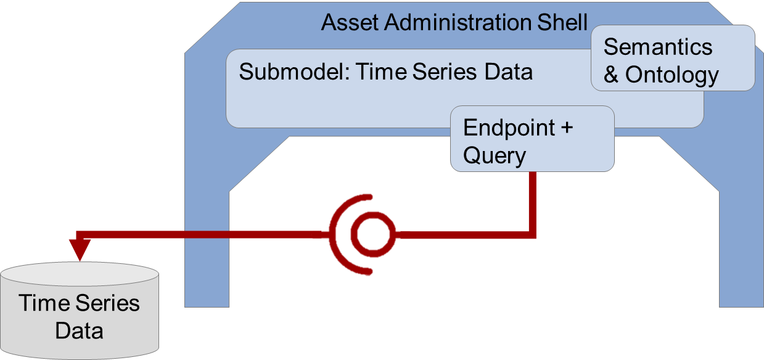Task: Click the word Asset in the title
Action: (x=350, y=22)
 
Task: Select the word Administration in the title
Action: (x=457, y=22)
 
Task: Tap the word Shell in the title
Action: (x=562, y=22)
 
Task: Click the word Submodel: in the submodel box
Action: (x=294, y=72)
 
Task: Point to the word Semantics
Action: (x=658, y=47)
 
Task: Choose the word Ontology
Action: (x=672, y=76)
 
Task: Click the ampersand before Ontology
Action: (x=611, y=75)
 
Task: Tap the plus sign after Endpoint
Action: (x=567, y=128)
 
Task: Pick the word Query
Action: (x=494, y=156)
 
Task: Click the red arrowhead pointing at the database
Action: (x=80, y=250)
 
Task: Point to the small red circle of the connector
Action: (x=373, y=234)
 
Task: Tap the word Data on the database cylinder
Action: (x=79, y=330)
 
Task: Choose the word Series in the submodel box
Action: (x=444, y=72)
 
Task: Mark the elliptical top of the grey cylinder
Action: (x=80, y=274)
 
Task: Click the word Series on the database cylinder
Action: (x=107, y=303)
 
